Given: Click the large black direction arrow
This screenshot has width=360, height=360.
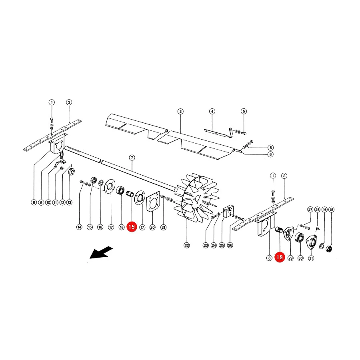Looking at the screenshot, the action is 101,252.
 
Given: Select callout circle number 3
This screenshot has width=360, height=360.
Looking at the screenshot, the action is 180,112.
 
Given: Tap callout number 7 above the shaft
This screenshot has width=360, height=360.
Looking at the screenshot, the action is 132,158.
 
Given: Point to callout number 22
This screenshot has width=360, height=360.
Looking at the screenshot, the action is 187,245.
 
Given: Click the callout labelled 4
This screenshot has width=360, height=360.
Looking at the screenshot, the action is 212,112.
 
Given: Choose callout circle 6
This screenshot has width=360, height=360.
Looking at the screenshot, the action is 270,154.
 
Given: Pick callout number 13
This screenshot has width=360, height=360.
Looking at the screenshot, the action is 69,202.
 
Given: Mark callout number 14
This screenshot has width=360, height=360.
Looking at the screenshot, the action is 79,227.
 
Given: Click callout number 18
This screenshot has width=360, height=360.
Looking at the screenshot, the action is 122,227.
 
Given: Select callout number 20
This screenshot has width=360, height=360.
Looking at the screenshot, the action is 152,227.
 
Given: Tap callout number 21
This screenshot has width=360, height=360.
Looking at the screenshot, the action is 163,227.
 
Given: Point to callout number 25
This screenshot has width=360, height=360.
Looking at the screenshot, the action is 222,245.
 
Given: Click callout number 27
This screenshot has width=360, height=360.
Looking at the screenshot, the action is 310,209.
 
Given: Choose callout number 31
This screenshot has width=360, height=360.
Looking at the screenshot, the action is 311,258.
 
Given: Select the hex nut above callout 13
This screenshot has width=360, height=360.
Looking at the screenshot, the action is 72,172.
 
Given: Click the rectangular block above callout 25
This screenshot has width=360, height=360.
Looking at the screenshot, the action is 228,212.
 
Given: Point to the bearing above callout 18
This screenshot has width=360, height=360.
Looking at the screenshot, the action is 120,191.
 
